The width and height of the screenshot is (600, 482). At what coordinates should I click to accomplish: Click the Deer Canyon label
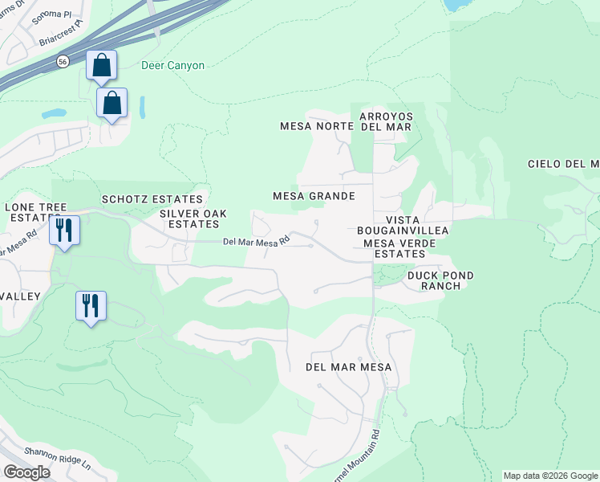pyautogui.click(x=172, y=65)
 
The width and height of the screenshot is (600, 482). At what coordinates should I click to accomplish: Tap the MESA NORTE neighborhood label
pyautogui.click(x=316, y=126)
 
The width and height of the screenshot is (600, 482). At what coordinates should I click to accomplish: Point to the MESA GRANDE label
pyautogui.click(x=314, y=196)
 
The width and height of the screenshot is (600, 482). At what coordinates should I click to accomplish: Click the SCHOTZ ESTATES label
pyautogui.click(x=152, y=199)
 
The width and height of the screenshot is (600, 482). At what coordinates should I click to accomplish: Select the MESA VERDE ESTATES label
pyautogui.click(x=394, y=248)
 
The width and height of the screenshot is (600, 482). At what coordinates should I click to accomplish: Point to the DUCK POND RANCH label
pyautogui.click(x=440, y=280)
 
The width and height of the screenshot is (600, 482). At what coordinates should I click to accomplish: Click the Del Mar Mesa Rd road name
pyautogui.click(x=255, y=242)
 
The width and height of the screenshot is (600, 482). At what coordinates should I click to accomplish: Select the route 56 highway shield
pyautogui.click(x=62, y=61)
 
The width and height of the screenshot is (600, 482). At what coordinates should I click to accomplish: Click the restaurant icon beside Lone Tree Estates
pyautogui.click(x=63, y=230)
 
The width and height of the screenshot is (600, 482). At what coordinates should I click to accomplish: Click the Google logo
pyautogui.click(x=26, y=472)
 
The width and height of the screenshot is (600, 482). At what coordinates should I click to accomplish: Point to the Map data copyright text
pyautogui.click(x=550, y=476)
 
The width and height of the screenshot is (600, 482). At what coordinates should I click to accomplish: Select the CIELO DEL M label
pyautogui.click(x=563, y=164)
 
